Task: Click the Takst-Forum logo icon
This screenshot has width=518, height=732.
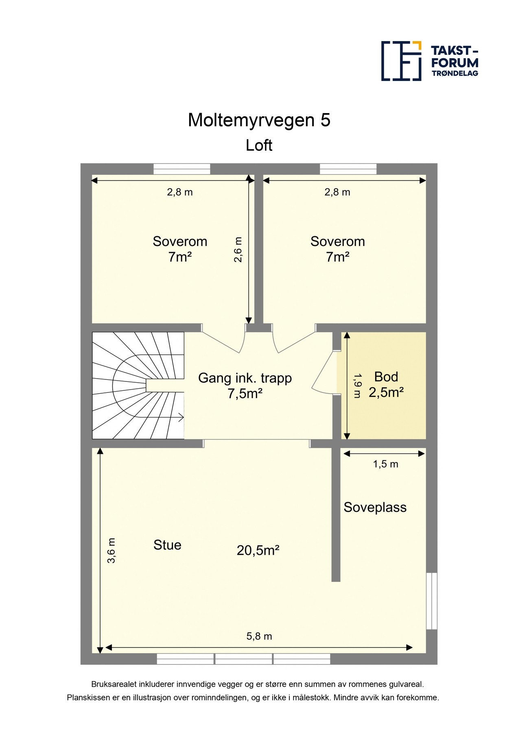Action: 401,61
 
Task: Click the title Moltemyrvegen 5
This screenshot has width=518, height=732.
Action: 259,120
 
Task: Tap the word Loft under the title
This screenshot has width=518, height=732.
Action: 259,145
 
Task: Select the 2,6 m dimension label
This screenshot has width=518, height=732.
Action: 238,250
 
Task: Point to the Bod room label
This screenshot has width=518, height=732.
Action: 386,377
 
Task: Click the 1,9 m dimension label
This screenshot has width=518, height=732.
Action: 357,386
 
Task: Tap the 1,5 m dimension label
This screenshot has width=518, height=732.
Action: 385,464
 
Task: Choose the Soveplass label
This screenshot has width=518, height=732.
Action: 375,507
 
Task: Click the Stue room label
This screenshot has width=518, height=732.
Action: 167,545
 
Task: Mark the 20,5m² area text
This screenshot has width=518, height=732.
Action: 258,550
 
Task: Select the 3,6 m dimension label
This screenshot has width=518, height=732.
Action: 111,551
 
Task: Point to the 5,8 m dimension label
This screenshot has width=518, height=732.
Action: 259,636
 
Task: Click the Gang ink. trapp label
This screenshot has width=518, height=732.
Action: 245,378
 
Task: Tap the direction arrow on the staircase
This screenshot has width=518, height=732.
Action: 179,417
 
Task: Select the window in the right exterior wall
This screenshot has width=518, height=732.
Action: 431,601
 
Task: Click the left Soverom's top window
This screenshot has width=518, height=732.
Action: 181,169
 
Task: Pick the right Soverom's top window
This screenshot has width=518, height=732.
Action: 348,169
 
